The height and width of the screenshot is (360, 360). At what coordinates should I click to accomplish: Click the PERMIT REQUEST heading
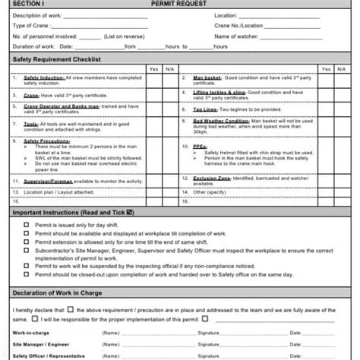[x=179, y=4]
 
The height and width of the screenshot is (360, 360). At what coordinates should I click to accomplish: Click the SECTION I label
[x=29, y=4]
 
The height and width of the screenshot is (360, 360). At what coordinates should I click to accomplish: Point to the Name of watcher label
[x=237, y=36]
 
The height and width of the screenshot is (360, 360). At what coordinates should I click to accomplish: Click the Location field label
[x=226, y=15]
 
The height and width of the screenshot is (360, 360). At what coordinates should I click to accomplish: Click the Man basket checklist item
[x=207, y=77]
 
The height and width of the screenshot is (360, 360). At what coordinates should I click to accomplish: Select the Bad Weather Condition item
[x=222, y=121]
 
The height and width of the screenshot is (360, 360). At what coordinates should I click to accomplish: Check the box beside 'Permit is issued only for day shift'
[x=19, y=226]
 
